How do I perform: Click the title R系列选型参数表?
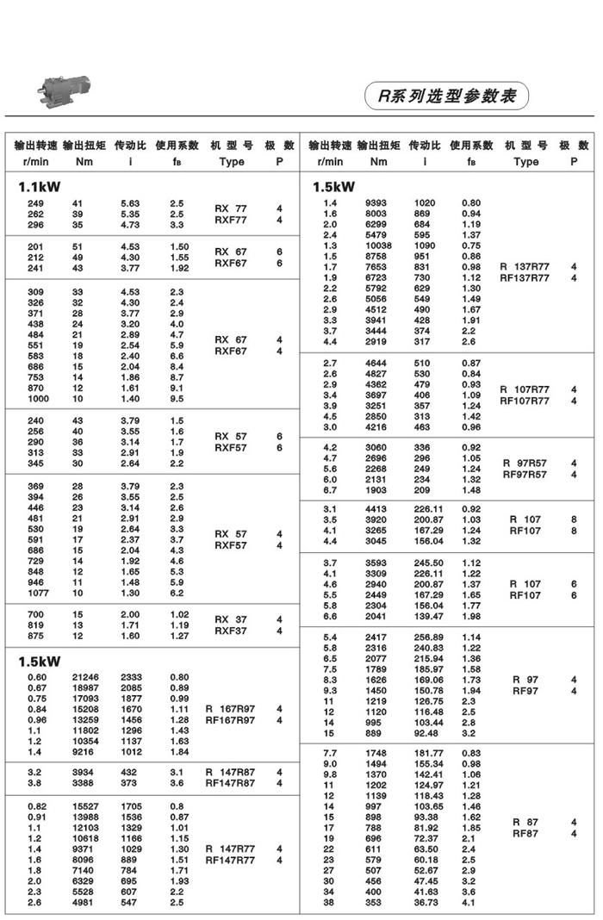pyautogui.click(x=446, y=96)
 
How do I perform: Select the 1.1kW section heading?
pyautogui.click(x=40, y=185)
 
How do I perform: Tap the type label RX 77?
pyautogui.click(x=231, y=208)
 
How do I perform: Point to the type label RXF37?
pyautogui.click(x=231, y=631)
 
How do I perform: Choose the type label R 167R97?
pyautogui.click(x=230, y=708)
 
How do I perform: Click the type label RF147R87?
pyautogui.click(x=230, y=783)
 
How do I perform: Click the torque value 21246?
pyautogui.click(x=85, y=677)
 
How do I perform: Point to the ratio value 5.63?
pyautogui.click(x=130, y=202)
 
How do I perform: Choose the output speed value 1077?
pyautogui.click(x=39, y=593)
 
